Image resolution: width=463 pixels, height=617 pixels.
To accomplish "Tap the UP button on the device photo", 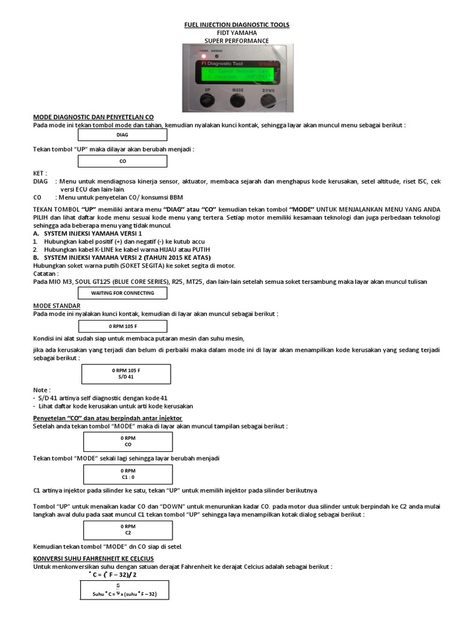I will [x=207, y=99].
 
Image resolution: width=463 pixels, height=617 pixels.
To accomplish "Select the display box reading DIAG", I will [x=122, y=136].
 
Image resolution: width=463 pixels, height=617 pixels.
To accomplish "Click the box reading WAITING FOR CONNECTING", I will [x=122, y=293].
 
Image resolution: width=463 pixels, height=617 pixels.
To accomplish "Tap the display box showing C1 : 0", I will [x=128, y=473].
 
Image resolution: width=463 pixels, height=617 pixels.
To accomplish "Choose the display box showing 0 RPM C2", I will [x=128, y=530].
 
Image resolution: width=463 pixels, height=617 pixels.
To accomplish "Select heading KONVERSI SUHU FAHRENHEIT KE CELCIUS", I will [x=93, y=559].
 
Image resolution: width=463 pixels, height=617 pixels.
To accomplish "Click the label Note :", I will [x=42, y=390].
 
